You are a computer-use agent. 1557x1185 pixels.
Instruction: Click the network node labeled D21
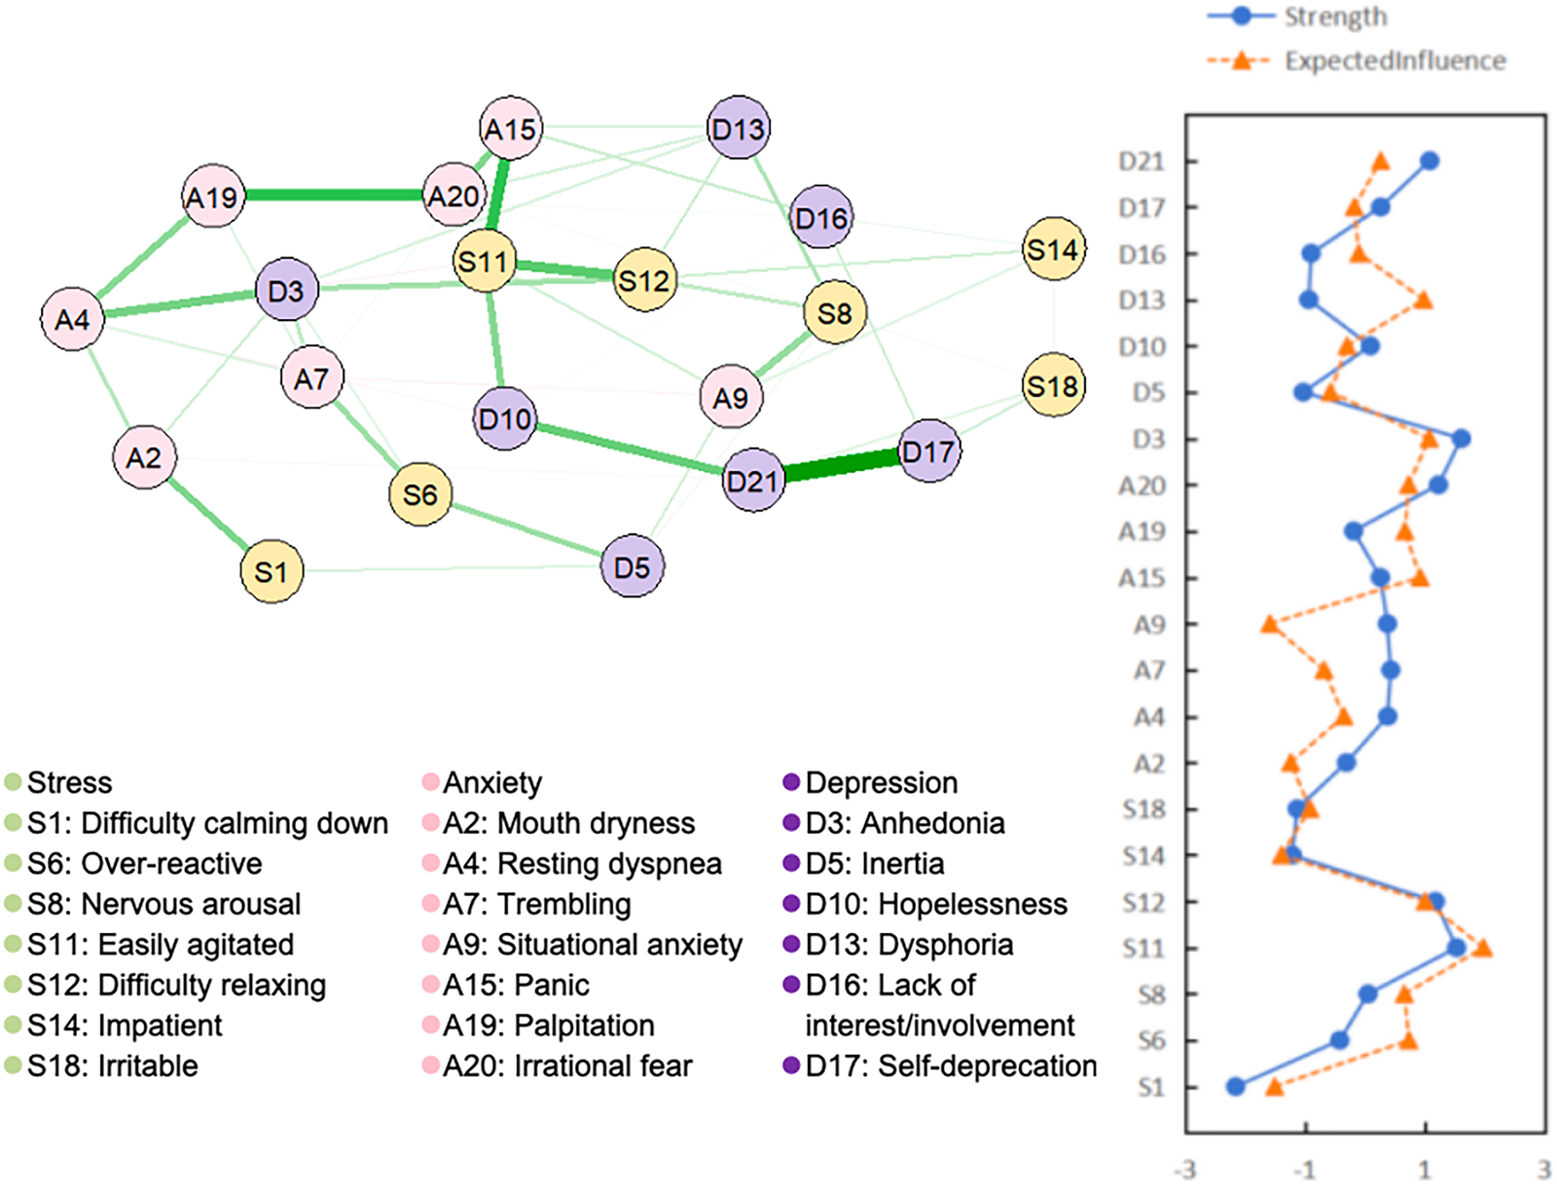(754, 480)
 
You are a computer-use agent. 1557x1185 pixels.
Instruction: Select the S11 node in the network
(485, 261)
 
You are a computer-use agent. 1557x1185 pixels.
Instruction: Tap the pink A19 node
(213, 197)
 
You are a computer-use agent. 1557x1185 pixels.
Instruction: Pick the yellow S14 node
(1053, 250)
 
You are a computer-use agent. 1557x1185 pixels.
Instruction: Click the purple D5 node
(633, 566)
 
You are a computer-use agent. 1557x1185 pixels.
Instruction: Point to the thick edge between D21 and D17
(842, 466)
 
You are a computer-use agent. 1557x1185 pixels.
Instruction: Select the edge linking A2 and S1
(207, 514)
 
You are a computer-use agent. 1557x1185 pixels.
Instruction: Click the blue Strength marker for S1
(1236, 1087)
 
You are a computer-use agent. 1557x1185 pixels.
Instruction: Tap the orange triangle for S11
(1483, 948)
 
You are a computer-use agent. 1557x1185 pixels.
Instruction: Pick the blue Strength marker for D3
(1461, 439)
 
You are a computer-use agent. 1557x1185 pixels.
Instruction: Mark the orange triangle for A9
(1269, 624)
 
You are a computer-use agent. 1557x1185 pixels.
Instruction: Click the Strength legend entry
(1335, 17)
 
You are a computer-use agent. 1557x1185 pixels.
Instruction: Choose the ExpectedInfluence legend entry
(1394, 60)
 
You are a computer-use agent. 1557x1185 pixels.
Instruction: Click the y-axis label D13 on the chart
(1141, 300)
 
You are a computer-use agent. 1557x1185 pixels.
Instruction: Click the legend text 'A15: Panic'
(516, 985)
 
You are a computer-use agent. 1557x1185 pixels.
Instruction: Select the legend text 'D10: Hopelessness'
(936, 904)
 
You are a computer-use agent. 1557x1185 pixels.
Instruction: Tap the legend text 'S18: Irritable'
(113, 1065)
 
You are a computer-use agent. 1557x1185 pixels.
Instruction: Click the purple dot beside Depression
(791, 782)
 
